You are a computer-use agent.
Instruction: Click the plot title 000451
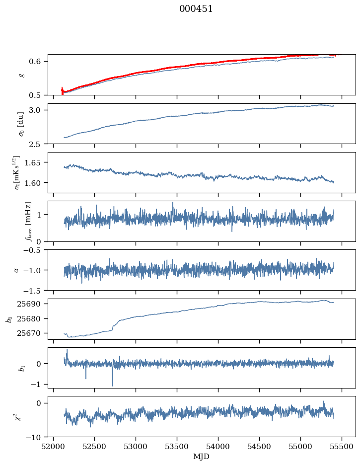196,9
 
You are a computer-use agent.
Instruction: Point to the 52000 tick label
54,446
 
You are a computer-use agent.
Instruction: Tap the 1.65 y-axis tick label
38,162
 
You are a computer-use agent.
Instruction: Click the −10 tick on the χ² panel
37,437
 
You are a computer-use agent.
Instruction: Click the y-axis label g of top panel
21,75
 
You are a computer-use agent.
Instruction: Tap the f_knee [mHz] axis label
28,221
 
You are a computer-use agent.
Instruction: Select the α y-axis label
16,270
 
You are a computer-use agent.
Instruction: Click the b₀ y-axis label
9,318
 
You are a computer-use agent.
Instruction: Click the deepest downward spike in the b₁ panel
112,385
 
